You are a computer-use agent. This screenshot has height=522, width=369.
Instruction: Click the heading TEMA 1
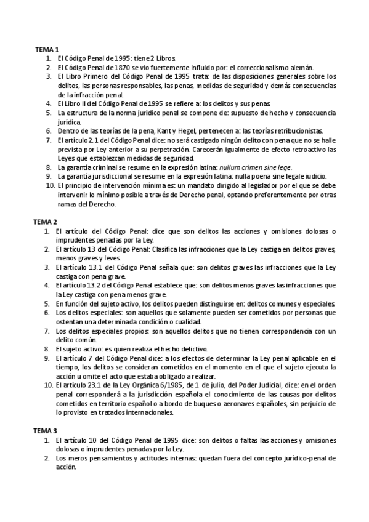[46, 49]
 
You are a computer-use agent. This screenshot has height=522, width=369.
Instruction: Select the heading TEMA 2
[46, 221]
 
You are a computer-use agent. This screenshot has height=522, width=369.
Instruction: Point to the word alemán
[300, 67]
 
